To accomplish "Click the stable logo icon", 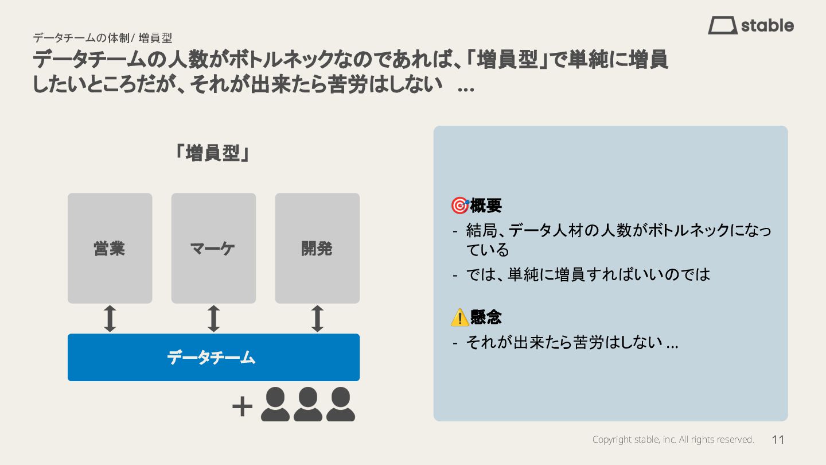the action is (722, 25).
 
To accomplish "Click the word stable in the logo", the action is (767, 26).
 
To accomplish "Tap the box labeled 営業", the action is (110, 248).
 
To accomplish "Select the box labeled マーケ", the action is (213, 248).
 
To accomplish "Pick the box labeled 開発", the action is (317, 248).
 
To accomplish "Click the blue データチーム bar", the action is (213, 357).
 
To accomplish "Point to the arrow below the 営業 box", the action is (110, 319).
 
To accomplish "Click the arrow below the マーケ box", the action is (213, 319).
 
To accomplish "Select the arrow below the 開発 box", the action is (317, 319).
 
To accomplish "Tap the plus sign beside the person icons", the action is (242, 407).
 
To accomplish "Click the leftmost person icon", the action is (275, 404).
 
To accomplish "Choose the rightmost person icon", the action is (341, 404).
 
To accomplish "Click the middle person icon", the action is (308, 404).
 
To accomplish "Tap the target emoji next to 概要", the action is (459, 206).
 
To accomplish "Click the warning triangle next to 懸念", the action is (459, 317).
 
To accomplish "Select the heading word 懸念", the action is (486, 317).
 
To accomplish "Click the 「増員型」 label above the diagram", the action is (213, 153).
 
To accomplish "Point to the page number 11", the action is (778, 440).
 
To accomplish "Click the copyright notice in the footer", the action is (673, 440).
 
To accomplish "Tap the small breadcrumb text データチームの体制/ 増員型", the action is (102, 38).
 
